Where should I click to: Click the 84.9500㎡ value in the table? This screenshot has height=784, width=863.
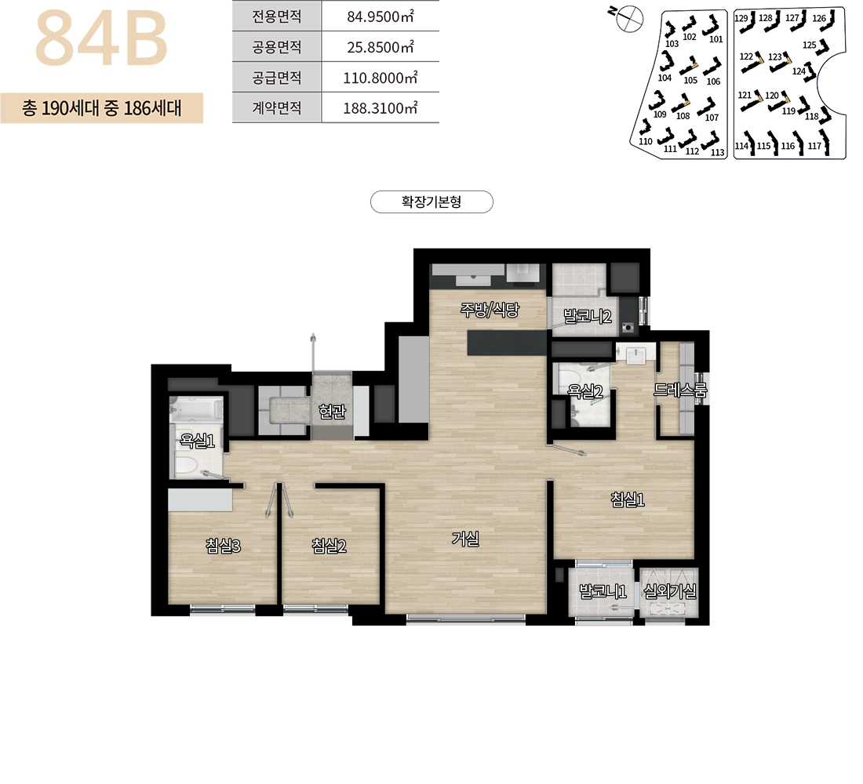(381, 16)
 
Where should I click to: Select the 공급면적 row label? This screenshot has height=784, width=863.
(277, 78)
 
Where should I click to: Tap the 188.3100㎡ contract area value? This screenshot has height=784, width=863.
(381, 108)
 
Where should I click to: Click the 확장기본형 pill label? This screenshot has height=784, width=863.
(431, 202)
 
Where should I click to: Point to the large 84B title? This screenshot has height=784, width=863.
(101, 38)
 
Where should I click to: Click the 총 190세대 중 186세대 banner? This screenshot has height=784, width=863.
(102, 108)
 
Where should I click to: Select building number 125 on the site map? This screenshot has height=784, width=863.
(809, 45)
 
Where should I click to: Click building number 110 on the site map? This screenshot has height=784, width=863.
(645, 141)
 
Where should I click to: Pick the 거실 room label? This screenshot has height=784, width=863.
(465, 539)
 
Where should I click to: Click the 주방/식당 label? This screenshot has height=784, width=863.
(490, 310)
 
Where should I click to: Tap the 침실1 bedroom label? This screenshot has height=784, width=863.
(628, 499)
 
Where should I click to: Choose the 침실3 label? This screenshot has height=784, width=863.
(223, 546)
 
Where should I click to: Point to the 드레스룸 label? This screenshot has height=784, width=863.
(680, 390)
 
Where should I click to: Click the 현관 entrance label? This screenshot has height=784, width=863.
(332, 411)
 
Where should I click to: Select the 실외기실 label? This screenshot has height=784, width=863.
(670, 591)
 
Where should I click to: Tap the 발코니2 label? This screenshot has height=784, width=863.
(588, 317)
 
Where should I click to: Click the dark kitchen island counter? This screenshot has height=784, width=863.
(507, 342)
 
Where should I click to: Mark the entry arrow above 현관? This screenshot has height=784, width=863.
(313, 352)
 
